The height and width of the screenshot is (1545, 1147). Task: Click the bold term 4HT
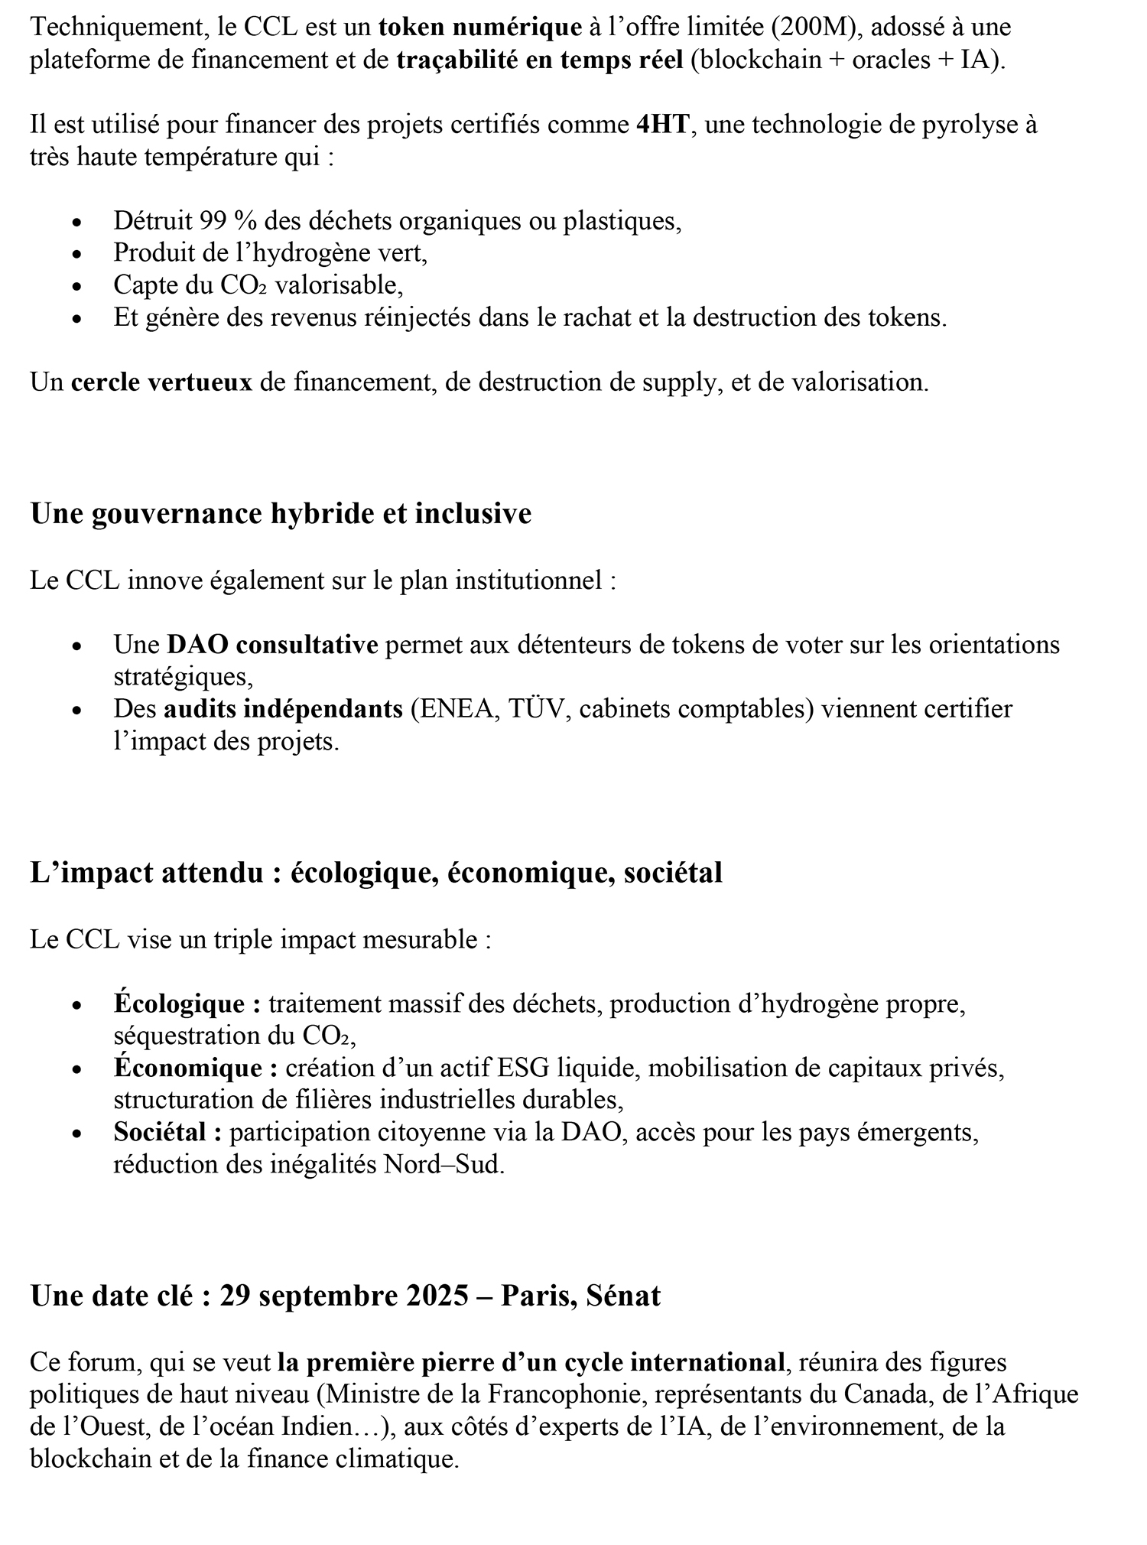pos(663,125)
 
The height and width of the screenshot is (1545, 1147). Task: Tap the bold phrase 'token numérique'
pos(479,28)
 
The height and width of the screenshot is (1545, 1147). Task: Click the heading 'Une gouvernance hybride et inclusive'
pos(281,513)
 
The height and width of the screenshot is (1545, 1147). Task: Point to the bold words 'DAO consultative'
pos(272,645)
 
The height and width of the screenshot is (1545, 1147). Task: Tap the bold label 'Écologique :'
pos(187,1003)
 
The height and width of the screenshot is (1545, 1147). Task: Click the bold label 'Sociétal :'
pos(167,1132)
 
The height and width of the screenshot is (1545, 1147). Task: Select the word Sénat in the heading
pos(623,1296)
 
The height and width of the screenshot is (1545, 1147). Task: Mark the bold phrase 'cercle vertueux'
pos(161,382)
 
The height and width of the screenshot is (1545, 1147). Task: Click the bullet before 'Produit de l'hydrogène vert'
pos(76,253)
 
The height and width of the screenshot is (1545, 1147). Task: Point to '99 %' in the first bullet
pos(227,221)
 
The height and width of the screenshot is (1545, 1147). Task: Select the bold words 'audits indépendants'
pos(283,709)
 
